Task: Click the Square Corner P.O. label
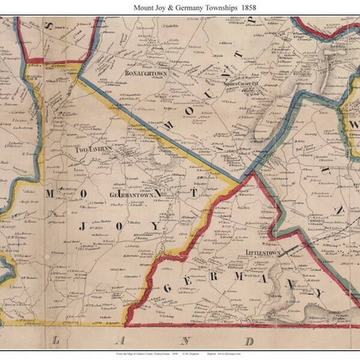(x=239, y=84)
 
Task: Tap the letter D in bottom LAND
(x=254, y=340)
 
